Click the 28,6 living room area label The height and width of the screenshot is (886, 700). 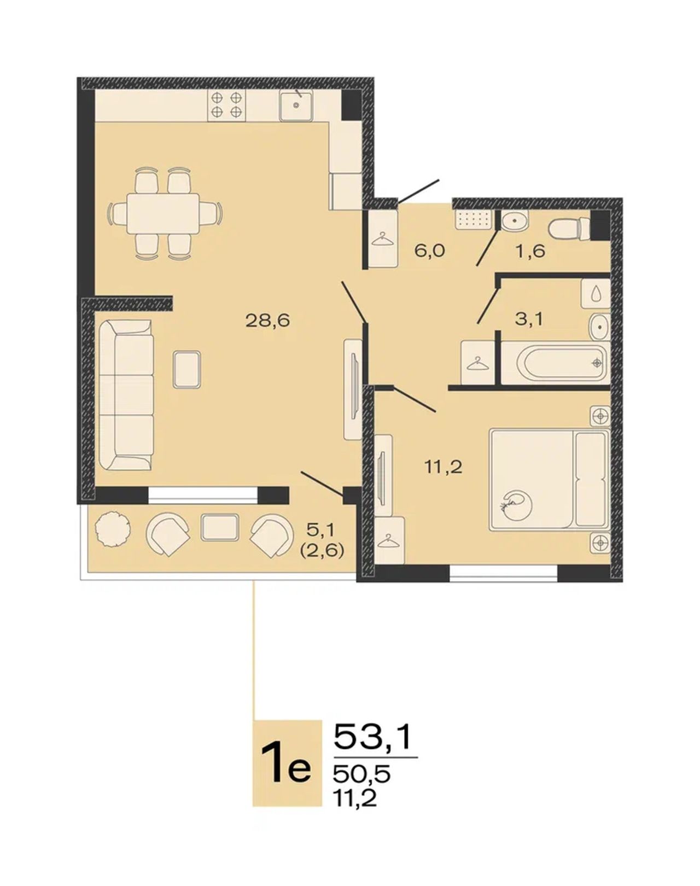click(267, 320)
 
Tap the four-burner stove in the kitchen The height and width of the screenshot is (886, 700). click(226, 105)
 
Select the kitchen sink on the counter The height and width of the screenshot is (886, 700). click(296, 105)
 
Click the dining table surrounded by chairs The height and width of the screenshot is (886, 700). click(164, 213)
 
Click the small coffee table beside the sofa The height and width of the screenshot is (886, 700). click(187, 369)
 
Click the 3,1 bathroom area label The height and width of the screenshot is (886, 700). click(529, 318)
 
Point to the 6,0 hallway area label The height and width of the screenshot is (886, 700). click(430, 250)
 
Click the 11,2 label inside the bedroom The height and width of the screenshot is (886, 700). click(443, 467)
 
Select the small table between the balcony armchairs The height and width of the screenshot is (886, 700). click(220, 527)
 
